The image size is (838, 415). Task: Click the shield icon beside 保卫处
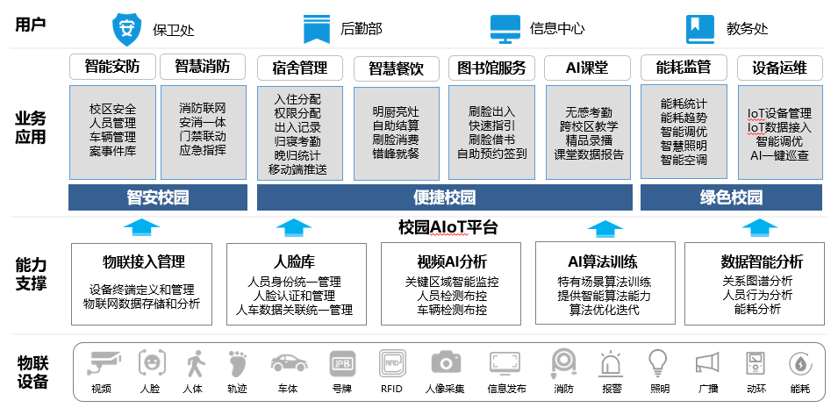[x=127, y=27]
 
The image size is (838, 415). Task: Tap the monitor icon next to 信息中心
[x=505, y=27]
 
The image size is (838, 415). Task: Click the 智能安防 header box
[x=112, y=68]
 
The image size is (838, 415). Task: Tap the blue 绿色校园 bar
[x=732, y=197]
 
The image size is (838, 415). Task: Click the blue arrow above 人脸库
[x=293, y=228]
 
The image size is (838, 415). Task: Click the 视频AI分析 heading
[x=452, y=261]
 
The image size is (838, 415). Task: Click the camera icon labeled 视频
[x=104, y=361]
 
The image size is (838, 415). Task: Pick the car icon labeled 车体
[x=288, y=361]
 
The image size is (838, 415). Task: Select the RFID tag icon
[x=391, y=361]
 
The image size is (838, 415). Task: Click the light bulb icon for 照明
[x=657, y=361]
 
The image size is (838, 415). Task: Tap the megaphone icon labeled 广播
[x=706, y=361]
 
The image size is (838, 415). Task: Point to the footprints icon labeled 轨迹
[x=238, y=361]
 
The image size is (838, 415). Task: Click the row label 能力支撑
[x=32, y=274]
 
